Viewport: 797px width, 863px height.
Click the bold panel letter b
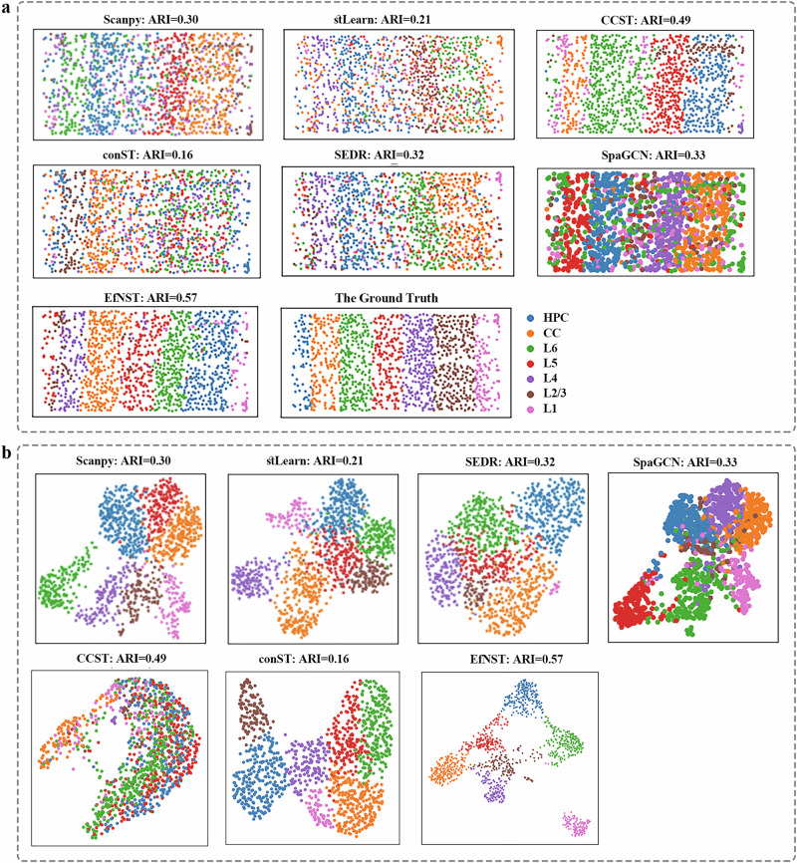(x=8, y=453)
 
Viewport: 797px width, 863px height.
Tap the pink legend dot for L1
(x=530, y=416)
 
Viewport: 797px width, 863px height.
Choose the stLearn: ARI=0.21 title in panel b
(x=313, y=461)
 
